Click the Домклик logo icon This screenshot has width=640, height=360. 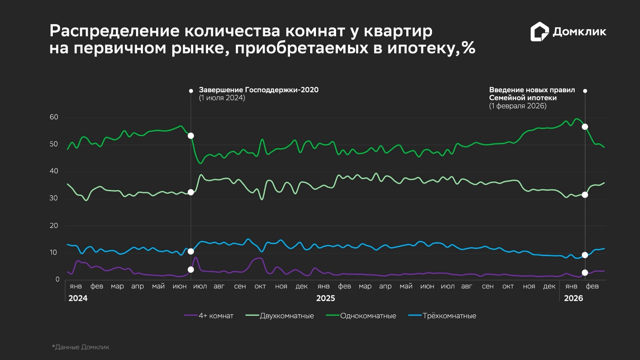click(539, 32)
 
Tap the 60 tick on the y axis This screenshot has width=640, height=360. click(54, 117)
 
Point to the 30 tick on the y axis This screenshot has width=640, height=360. click(54, 198)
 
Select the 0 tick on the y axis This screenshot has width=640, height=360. click(57, 280)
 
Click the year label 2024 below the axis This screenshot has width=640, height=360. click(78, 298)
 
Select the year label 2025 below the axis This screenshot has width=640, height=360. click(325, 298)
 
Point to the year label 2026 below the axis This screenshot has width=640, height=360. click(573, 298)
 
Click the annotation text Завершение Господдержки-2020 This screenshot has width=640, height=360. click(259, 90)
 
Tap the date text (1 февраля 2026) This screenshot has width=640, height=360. click(517, 106)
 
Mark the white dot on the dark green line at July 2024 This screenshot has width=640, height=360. click(191, 136)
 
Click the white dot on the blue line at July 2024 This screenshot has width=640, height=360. click(191, 252)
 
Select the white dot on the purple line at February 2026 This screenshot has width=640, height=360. click(585, 273)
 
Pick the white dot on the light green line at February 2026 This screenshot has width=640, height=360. click(585, 195)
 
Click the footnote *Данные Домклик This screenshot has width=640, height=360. click(81, 347)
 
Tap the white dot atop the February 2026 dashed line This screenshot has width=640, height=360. click(585, 91)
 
